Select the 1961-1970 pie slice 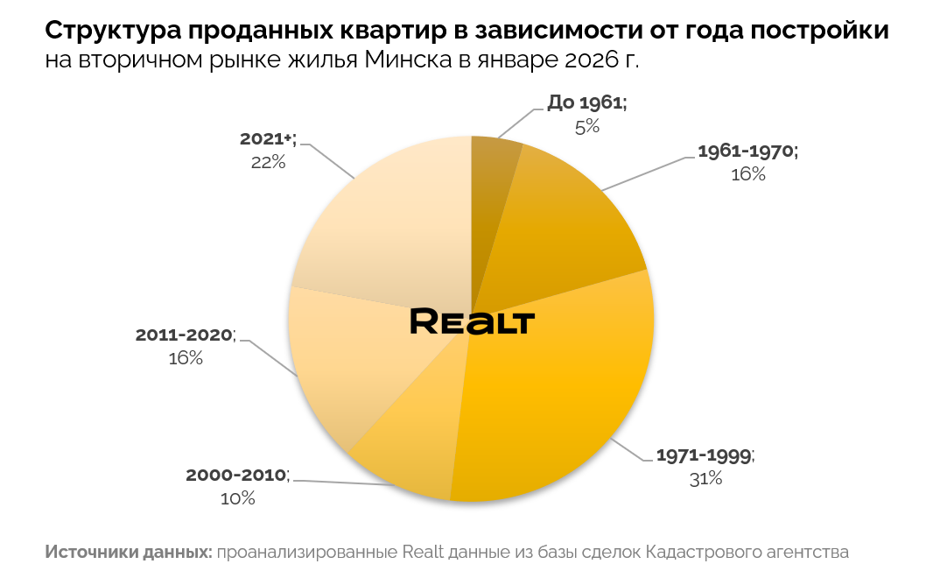coord(560,228)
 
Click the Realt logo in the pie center coord(472,321)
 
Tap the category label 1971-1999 coord(704,456)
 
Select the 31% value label coord(705,478)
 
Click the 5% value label coord(586,126)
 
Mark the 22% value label coord(268,161)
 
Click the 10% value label coord(237,498)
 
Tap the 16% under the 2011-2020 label coord(186,358)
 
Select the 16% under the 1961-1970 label coord(747,174)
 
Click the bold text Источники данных coord(128,553)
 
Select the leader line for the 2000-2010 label coord(350,483)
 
